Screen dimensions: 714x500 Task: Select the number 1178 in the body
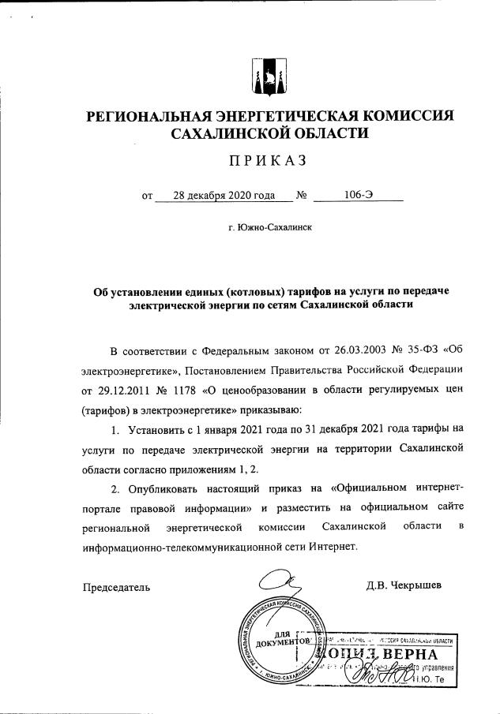tap(182, 390)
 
